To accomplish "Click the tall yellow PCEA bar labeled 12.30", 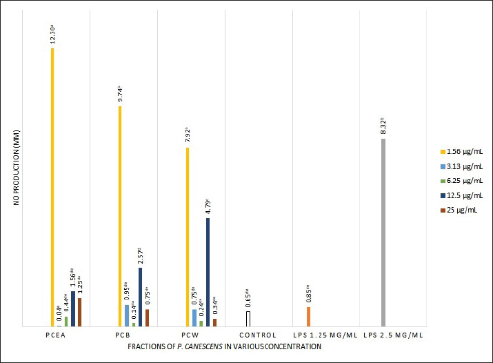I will (52, 186).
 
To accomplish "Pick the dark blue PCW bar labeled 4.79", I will (208, 272).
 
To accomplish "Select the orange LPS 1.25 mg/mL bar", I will (308, 316).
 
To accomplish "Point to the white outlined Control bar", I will (248, 319).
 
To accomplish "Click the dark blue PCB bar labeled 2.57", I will (140, 297).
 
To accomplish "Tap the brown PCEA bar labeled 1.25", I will (79, 312).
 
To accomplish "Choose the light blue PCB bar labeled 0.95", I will (126, 315).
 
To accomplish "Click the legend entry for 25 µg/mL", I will (459, 210).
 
